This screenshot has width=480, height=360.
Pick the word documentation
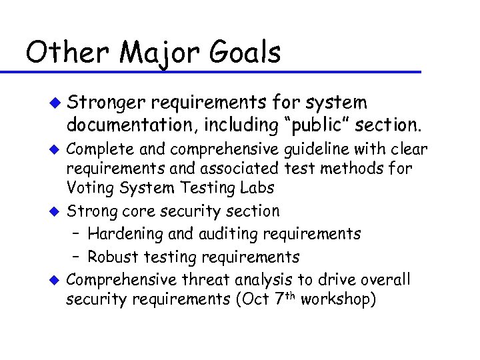click(126, 123)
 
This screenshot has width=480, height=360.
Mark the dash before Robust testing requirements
click(77, 257)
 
